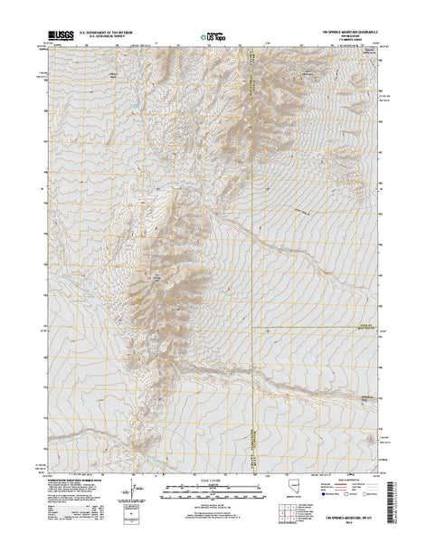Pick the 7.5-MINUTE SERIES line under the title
tap(344, 41)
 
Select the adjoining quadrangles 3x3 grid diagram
tap(289, 514)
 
